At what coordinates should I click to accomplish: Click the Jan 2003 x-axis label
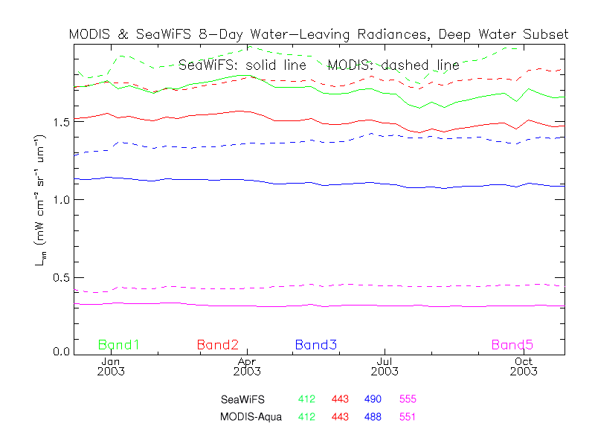click(111, 365)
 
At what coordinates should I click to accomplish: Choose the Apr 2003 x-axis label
click(248, 365)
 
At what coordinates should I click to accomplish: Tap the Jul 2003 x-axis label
click(385, 365)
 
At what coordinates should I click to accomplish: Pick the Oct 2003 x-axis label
click(522, 365)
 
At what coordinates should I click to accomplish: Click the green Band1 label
click(119, 345)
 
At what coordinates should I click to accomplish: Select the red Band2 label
click(217, 345)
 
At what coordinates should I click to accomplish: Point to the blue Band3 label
click(316, 345)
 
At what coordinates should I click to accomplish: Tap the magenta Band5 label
click(512, 345)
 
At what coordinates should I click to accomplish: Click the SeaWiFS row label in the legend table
click(242, 399)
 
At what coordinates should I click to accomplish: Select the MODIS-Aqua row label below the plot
click(251, 416)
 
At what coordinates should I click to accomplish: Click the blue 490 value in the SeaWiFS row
click(373, 399)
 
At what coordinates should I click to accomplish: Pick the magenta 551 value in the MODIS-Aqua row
click(408, 416)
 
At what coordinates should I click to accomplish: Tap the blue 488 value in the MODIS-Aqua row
click(373, 416)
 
